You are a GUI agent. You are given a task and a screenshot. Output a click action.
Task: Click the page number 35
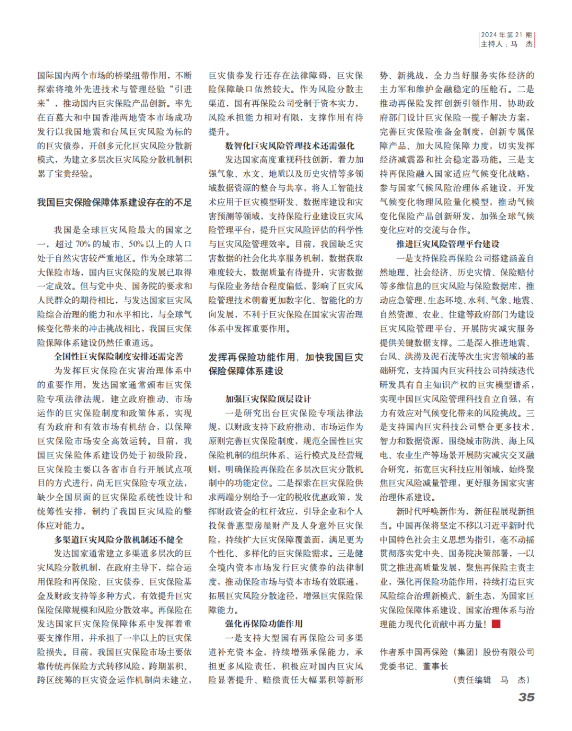point(526,697)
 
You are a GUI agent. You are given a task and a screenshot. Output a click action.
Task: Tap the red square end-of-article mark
point(496,624)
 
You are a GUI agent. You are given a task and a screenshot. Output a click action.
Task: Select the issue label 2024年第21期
point(506,35)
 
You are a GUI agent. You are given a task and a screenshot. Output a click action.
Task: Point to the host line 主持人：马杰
point(506,44)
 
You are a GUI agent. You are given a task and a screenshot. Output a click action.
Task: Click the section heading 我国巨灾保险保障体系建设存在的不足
point(114,202)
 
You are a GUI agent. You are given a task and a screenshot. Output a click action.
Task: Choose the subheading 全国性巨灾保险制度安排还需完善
point(119,356)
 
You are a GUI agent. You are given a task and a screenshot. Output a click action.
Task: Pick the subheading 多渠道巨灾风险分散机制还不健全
point(119,539)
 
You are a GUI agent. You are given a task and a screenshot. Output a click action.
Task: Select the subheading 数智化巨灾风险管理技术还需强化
point(290,146)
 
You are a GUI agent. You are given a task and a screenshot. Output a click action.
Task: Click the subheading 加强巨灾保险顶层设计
point(268,399)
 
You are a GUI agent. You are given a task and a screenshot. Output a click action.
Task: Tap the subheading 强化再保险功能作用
point(264,624)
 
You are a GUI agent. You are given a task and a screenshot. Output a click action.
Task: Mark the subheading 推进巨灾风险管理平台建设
point(448,244)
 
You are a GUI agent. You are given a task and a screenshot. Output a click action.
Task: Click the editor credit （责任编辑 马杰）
point(492,680)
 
